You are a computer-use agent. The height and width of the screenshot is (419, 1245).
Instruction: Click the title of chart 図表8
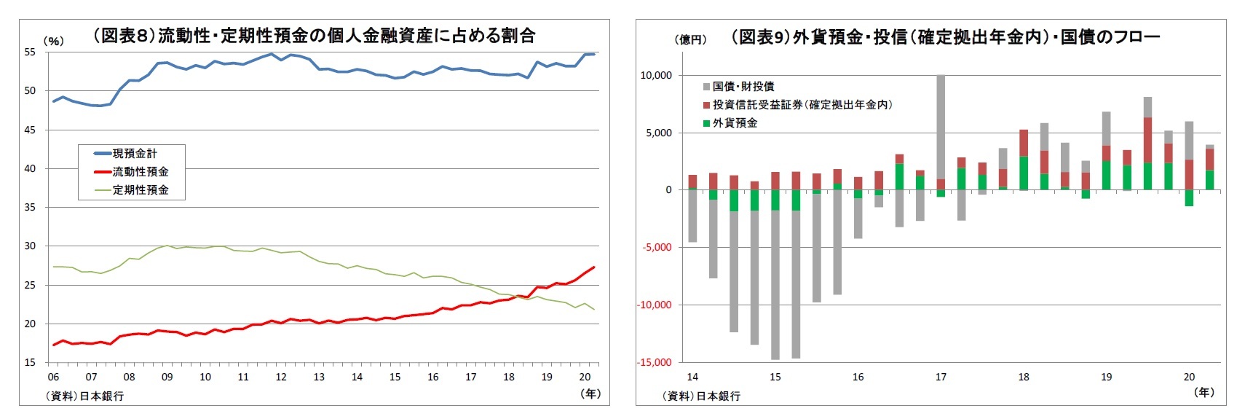pyautogui.click(x=314, y=35)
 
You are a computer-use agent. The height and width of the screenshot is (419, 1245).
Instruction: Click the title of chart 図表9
pyautogui.click(x=944, y=36)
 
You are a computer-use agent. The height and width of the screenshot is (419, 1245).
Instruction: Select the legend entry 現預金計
pyautogui.click(x=134, y=154)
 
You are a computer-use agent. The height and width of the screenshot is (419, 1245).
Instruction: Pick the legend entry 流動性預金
pyautogui.click(x=140, y=172)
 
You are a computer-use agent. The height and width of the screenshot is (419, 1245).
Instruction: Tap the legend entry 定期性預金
pyautogui.click(x=140, y=190)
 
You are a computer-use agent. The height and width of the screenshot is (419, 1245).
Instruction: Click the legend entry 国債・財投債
pyautogui.click(x=743, y=87)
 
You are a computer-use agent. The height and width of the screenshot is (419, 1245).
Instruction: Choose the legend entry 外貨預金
pyautogui.click(x=734, y=123)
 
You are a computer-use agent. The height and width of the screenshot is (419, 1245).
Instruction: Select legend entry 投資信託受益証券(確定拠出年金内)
pyautogui.click(x=802, y=105)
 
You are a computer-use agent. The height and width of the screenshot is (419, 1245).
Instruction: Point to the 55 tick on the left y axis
pyautogui.click(x=30, y=52)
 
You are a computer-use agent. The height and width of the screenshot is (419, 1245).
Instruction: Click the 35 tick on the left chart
pyautogui.click(x=30, y=208)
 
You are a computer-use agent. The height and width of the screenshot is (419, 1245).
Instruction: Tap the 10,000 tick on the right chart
pyautogui.click(x=656, y=76)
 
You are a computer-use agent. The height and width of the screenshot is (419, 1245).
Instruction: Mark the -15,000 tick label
pyautogui.click(x=654, y=362)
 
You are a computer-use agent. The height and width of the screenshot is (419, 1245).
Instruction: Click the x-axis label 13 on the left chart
pyautogui.click(x=319, y=377)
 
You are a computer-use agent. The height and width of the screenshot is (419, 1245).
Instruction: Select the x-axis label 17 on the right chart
pyautogui.click(x=941, y=377)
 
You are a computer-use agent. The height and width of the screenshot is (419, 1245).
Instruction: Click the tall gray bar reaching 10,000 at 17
pyautogui.click(x=941, y=128)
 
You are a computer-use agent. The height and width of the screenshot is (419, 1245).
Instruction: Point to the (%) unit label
pyautogui.click(x=53, y=42)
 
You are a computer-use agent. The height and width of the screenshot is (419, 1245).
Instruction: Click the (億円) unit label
pyautogui.click(x=689, y=40)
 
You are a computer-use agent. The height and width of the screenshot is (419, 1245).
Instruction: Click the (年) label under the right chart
pyautogui.click(x=1204, y=392)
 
